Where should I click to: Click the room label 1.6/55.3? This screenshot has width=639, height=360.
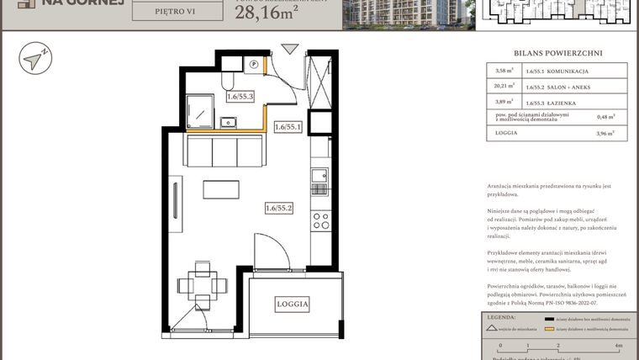click(x=240, y=97)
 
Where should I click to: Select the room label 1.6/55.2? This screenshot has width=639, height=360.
click(x=278, y=208)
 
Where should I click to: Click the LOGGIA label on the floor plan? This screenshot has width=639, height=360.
click(x=292, y=304)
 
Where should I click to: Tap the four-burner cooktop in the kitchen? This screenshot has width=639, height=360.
click(x=320, y=220)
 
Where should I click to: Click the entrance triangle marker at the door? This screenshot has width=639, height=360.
click(x=288, y=49)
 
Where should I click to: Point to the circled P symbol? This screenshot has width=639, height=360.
click(x=253, y=62)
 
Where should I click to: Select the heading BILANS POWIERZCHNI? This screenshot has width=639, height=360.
click(x=558, y=53)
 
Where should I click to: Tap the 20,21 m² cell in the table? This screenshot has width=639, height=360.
click(x=504, y=86)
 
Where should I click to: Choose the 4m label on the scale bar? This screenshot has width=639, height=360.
click(x=619, y=346)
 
